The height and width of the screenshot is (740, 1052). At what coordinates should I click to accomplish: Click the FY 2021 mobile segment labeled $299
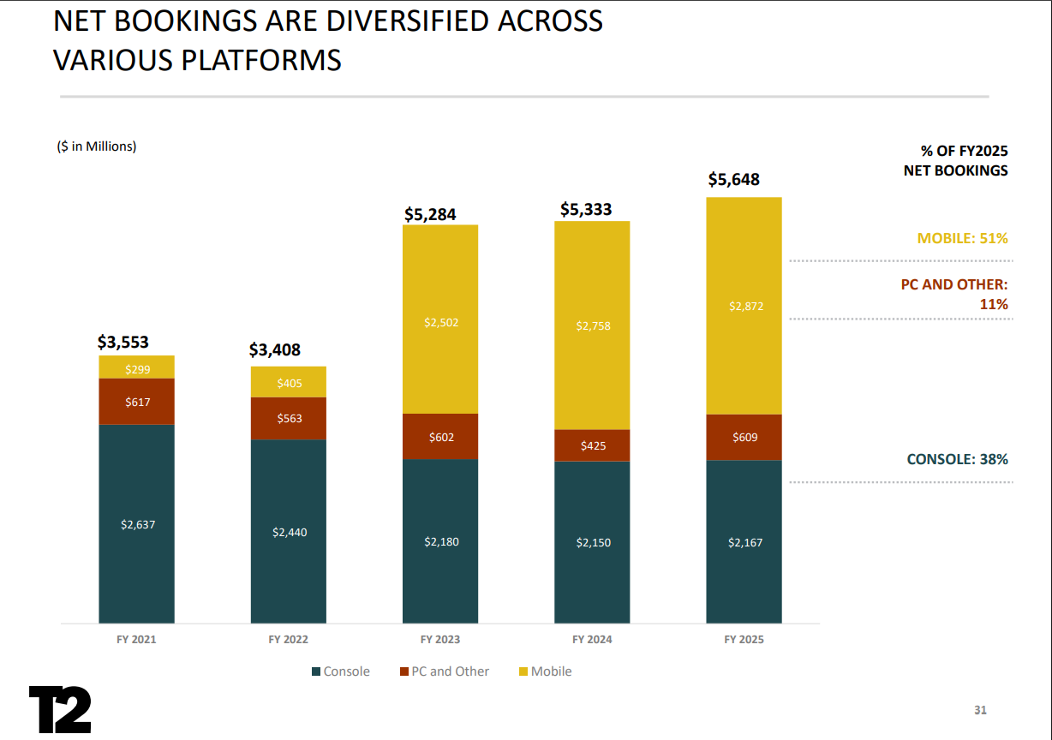(x=137, y=367)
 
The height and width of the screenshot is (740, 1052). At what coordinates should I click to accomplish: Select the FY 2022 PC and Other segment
(x=289, y=419)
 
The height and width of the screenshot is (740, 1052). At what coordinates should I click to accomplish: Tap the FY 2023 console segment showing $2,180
(x=440, y=540)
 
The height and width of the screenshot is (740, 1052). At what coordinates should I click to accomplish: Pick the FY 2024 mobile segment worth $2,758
(x=592, y=325)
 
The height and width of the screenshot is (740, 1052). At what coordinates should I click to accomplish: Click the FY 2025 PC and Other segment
(x=744, y=438)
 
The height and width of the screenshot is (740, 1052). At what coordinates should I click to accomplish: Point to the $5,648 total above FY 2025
(x=733, y=180)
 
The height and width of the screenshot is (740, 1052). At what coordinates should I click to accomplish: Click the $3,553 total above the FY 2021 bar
(x=123, y=343)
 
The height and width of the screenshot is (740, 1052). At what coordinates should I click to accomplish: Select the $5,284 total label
(x=430, y=214)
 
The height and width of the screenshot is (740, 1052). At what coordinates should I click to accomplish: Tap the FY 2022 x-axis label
(x=288, y=640)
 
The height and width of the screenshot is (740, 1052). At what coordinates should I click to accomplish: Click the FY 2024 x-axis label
(x=592, y=640)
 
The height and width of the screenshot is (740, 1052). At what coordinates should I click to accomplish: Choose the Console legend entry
(x=341, y=671)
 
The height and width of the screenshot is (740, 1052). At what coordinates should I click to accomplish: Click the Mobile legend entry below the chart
(x=545, y=671)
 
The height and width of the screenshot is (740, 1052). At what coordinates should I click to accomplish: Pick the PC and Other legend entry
(x=444, y=671)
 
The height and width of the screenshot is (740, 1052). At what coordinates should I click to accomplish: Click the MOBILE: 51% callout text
(x=962, y=238)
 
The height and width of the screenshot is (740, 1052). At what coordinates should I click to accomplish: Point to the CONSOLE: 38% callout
(x=957, y=459)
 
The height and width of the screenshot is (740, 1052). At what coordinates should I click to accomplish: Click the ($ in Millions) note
(x=97, y=146)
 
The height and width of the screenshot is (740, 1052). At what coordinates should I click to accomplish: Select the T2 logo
(x=60, y=709)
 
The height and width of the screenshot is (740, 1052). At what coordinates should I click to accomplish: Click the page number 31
(x=981, y=710)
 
